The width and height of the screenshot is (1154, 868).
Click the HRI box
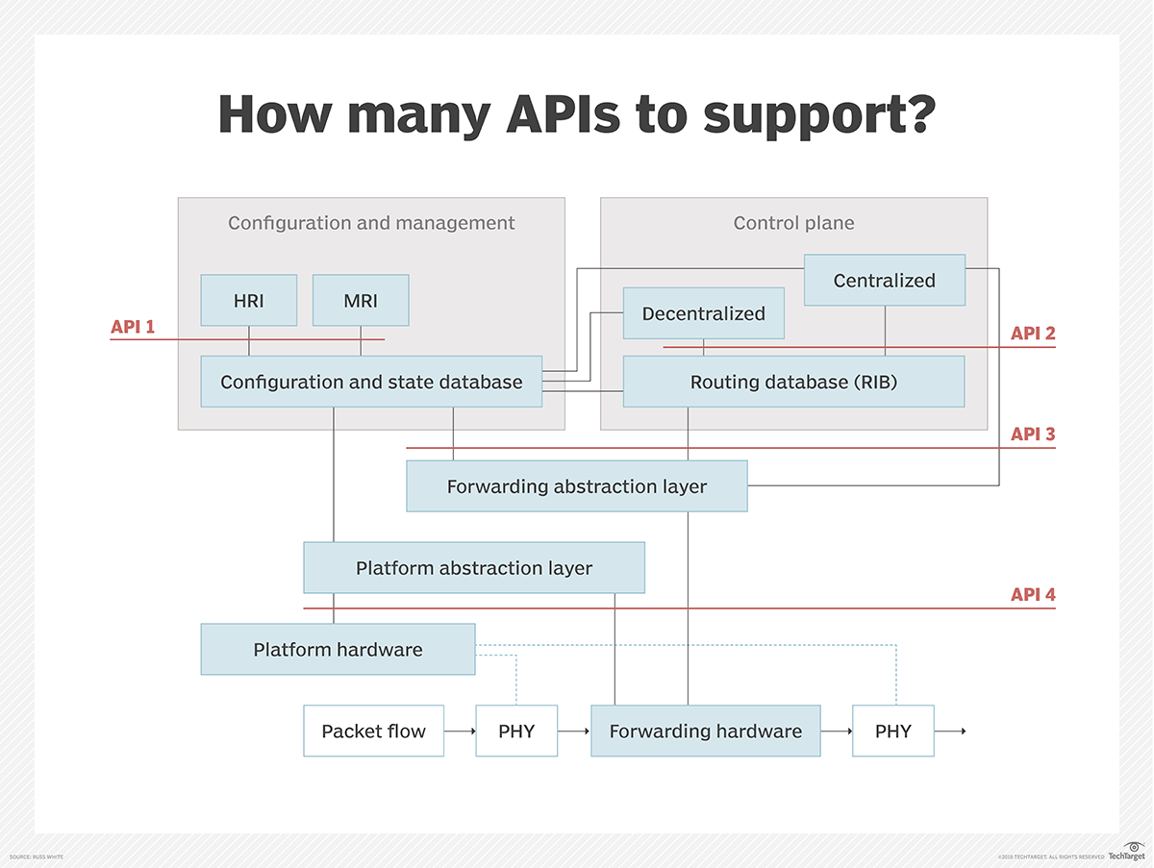point(249,300)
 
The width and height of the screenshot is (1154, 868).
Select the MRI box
point(361,300)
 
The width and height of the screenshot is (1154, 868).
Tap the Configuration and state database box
point(371,382)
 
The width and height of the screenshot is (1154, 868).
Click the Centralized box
point(884,281)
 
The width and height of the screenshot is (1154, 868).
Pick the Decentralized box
point(703,313)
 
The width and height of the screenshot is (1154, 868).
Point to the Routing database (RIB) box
point(793,382)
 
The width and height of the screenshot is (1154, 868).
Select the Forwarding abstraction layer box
point(576,486)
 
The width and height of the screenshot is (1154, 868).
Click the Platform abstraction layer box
point(474,568)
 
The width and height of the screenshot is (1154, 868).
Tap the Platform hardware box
point(338,650)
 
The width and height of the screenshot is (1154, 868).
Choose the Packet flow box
point(373,732)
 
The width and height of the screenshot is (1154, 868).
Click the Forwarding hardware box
point(705,732)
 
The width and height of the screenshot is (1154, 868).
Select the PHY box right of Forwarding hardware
point(892,732)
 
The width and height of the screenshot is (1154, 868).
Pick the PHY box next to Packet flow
point(516,732)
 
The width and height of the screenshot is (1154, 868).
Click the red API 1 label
point(133,327)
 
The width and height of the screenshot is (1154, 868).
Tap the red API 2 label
point(1033,334)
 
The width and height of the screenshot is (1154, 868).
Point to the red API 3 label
point(1033,434)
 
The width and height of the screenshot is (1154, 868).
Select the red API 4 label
point(1033,595)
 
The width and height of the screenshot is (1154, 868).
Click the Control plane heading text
point(793,223)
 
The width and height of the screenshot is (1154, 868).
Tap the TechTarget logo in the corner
point(1126,852)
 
